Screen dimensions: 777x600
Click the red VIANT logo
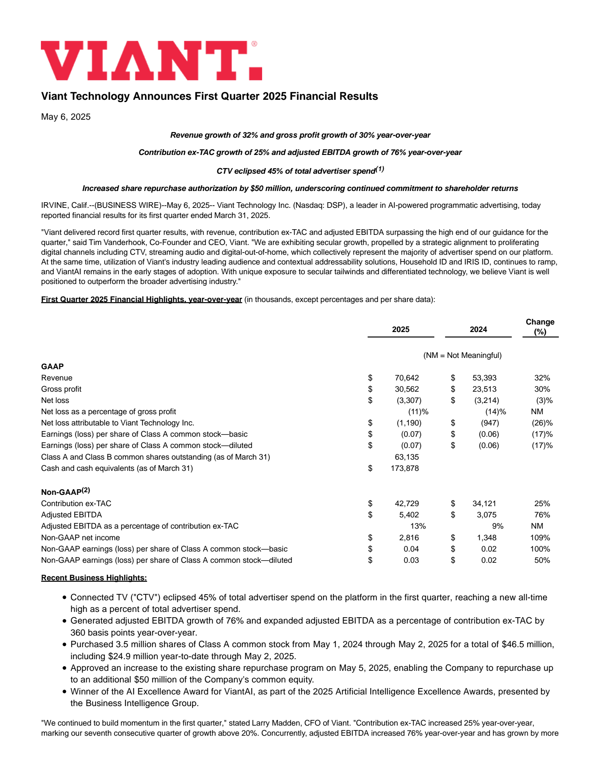151,60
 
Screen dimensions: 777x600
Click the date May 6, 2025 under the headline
66,117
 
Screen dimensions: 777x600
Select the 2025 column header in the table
400,329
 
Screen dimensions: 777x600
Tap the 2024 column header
478,329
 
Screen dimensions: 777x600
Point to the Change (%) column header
540,327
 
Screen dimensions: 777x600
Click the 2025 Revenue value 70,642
406,378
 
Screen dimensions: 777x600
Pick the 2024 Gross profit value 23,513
484,389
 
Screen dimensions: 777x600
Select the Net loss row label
55,400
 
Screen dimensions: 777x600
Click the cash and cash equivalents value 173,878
405,468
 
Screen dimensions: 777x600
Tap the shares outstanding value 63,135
406,457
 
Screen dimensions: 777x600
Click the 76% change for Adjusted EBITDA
542,515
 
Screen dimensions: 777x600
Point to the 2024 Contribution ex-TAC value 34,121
484,503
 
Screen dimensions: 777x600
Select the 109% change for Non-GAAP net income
540,538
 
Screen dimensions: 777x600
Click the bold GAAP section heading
52,367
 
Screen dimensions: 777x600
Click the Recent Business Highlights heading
94,578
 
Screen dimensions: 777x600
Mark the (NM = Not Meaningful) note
462,355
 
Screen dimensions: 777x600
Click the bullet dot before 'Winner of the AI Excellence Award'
65,691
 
